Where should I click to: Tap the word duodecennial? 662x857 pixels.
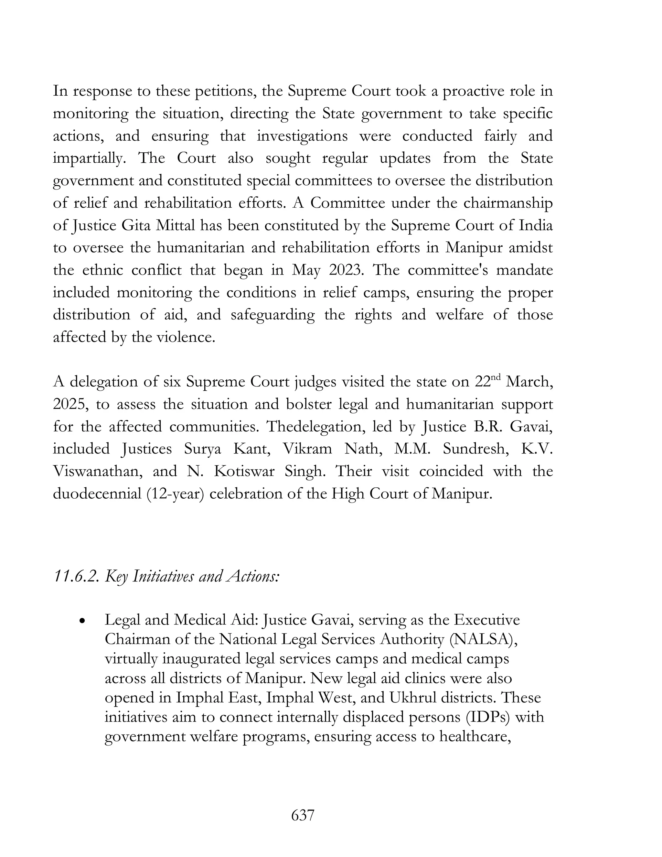point(96,493)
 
